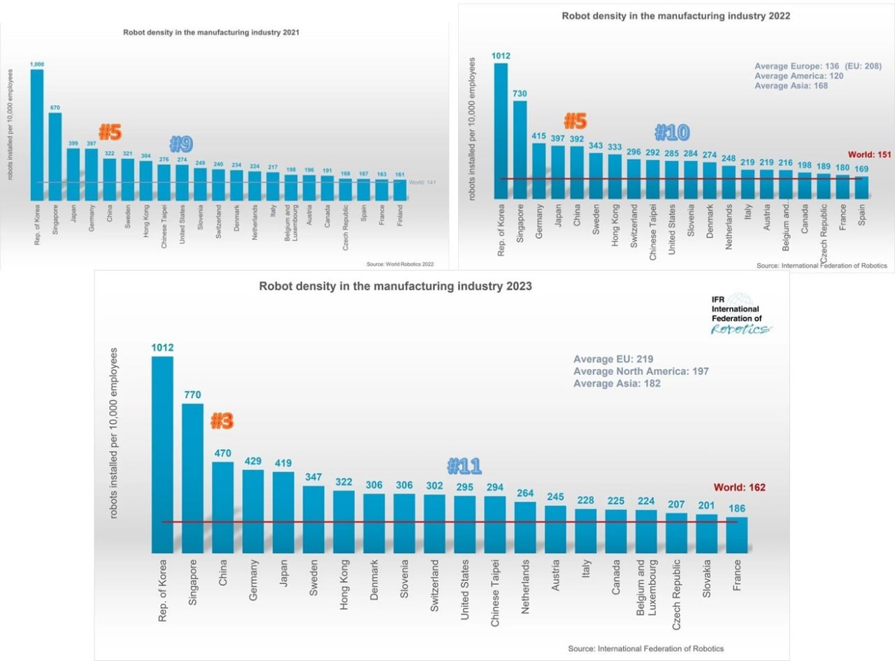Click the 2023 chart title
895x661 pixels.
pos(395,286)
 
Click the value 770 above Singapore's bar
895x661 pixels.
pos(192,395)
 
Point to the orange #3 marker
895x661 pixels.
pos(222,421)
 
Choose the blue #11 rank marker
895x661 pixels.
pos(464,466)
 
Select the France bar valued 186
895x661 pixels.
pos(737,534)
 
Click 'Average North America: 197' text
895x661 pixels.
pos(640,371)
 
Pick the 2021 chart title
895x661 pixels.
pos(212,32)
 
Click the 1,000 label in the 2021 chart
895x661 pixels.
pos(36,64)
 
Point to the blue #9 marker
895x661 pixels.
pos(181,144)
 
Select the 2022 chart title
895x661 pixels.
pos(675,15)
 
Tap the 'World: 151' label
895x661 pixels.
pos(869,155)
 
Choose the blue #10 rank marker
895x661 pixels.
pos(671,132)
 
